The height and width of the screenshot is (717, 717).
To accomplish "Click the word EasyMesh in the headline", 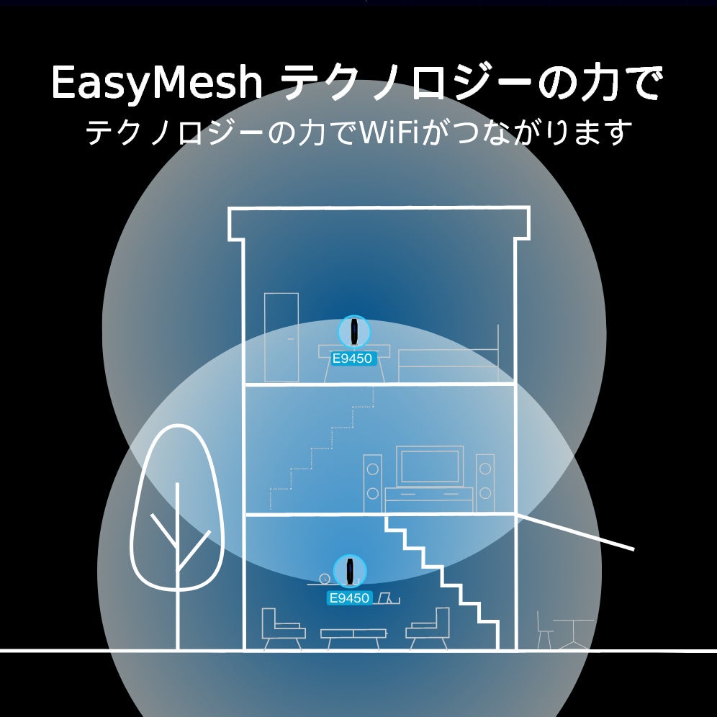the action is (x=156, y=85).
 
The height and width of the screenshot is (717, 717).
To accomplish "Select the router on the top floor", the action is (x=354, y=331).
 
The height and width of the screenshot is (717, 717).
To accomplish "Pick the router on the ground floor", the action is (x=350, y=571).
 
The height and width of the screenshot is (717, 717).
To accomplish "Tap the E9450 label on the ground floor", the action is (x=349, y=597).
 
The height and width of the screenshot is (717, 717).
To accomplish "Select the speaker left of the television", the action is (x=373, y=479).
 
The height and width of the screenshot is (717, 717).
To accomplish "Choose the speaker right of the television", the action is (x=484, y=479).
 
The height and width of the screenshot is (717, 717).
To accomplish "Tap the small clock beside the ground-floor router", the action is (x=325, y=578).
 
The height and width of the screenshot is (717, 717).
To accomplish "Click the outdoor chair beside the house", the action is (x=545, y=630).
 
